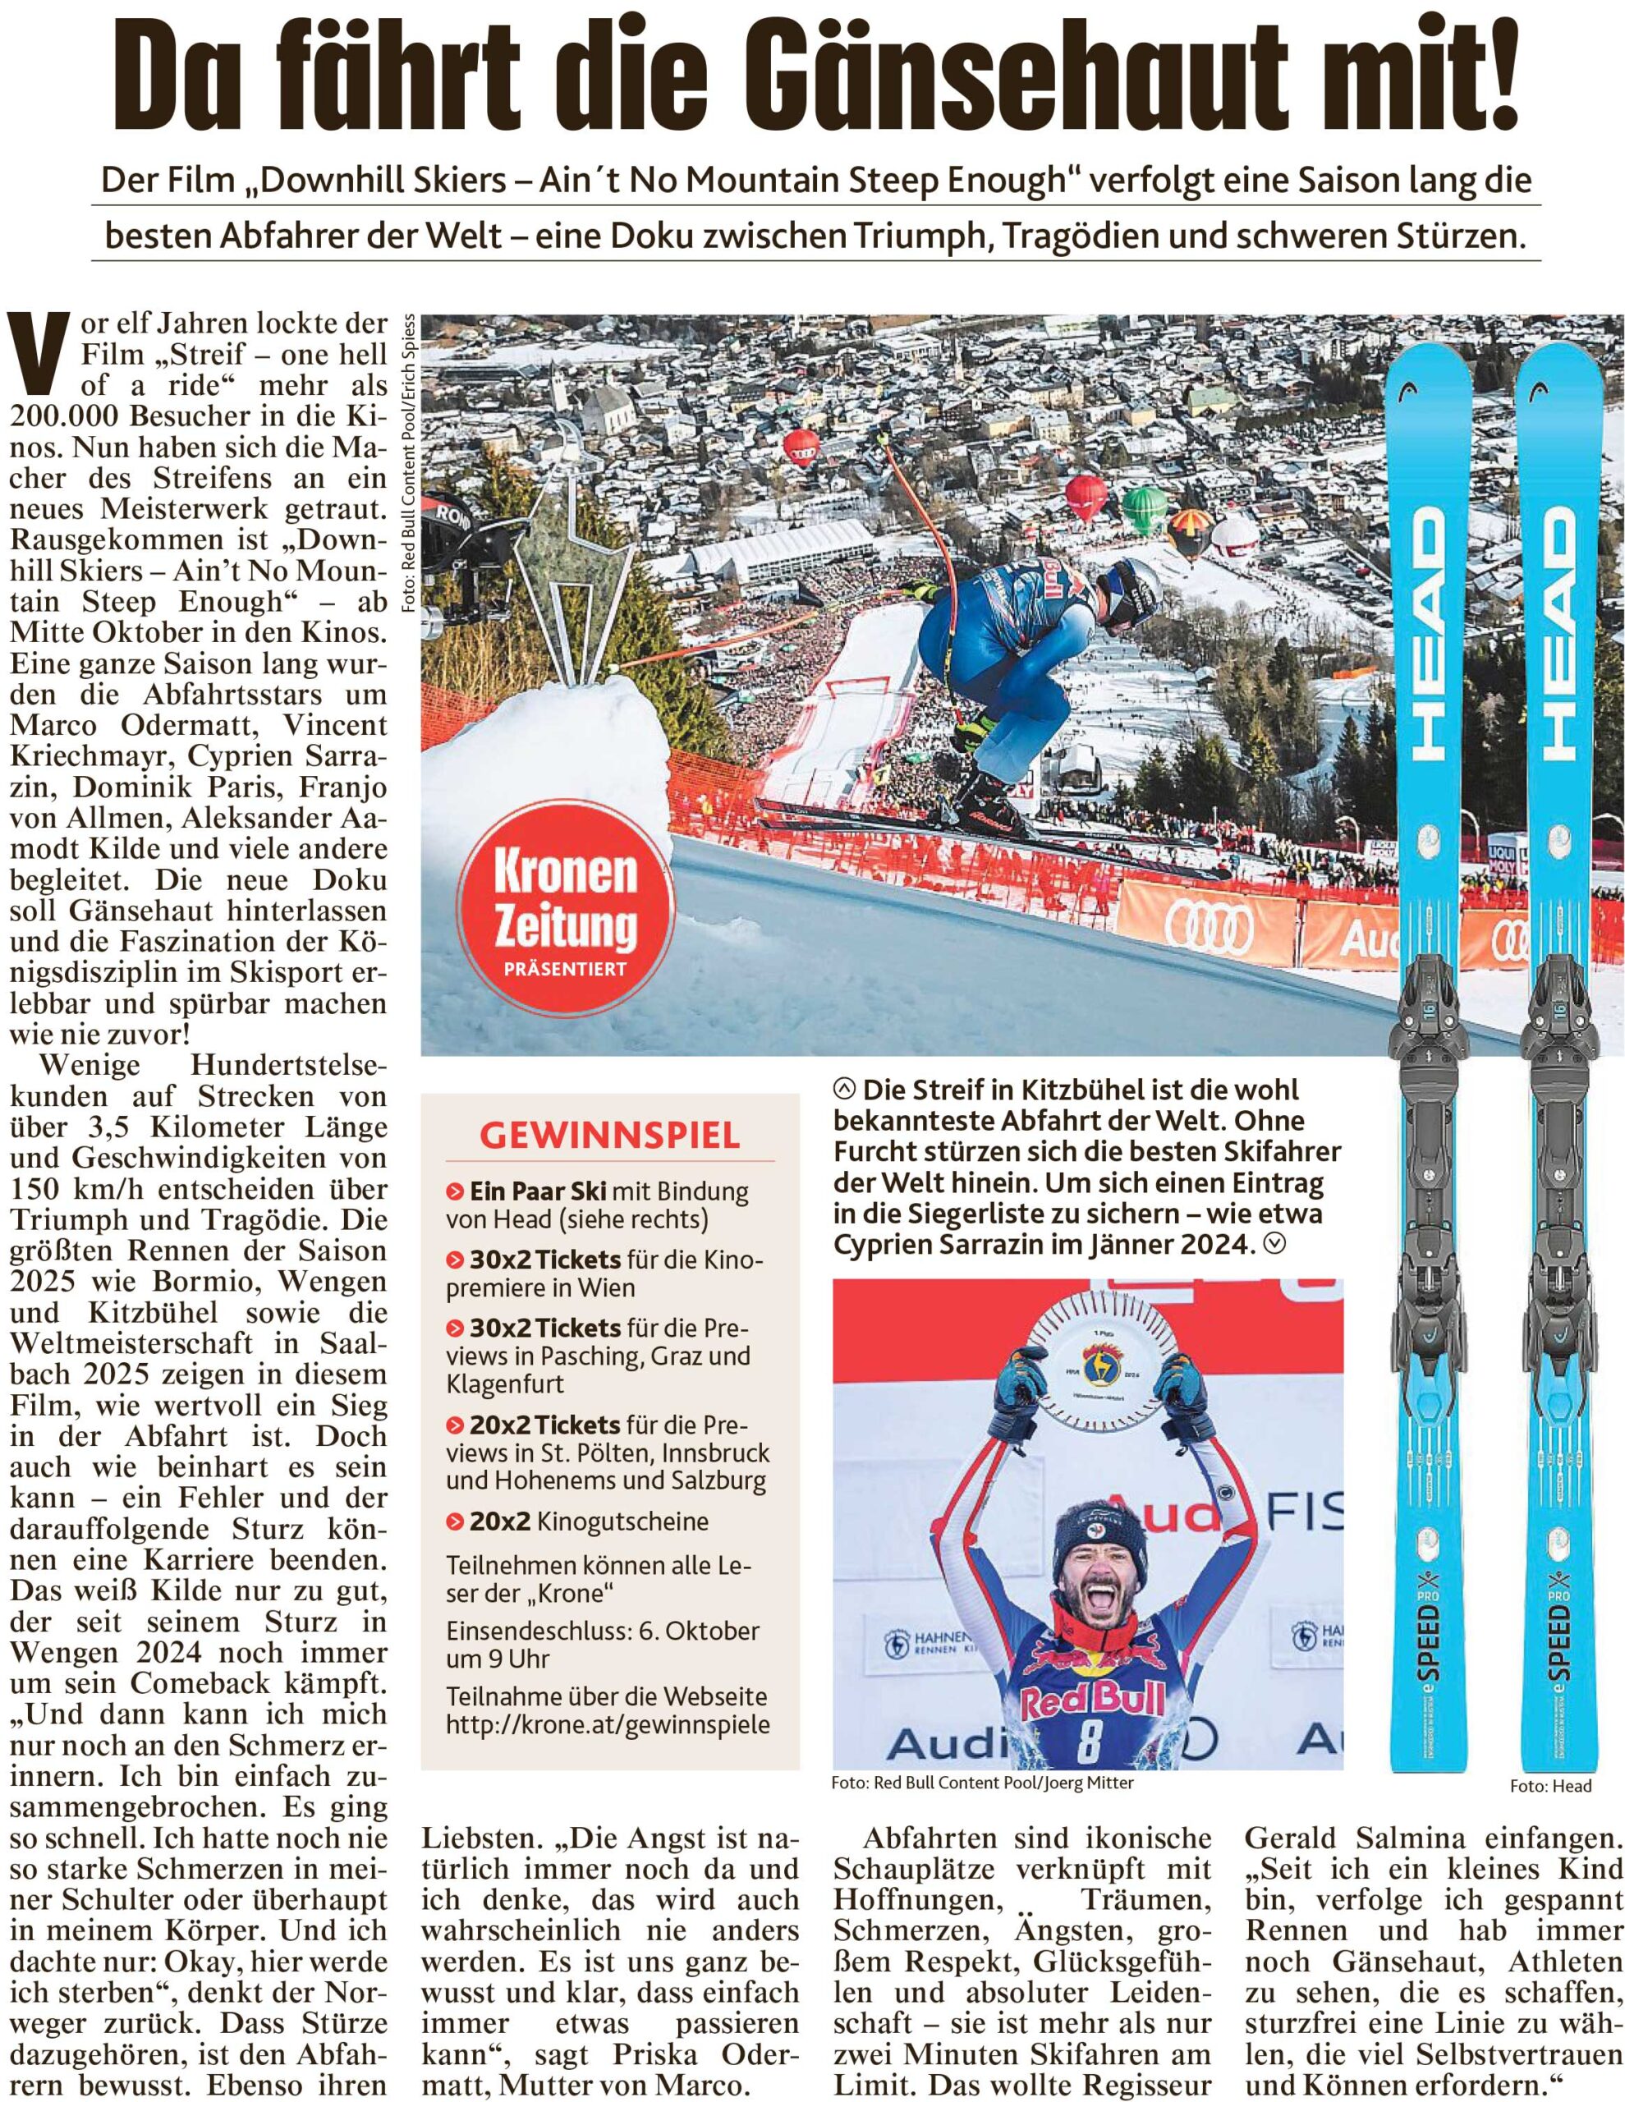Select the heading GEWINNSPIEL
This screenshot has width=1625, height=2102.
point(609,1136)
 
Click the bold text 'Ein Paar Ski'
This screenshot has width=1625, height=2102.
point(537,1191)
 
